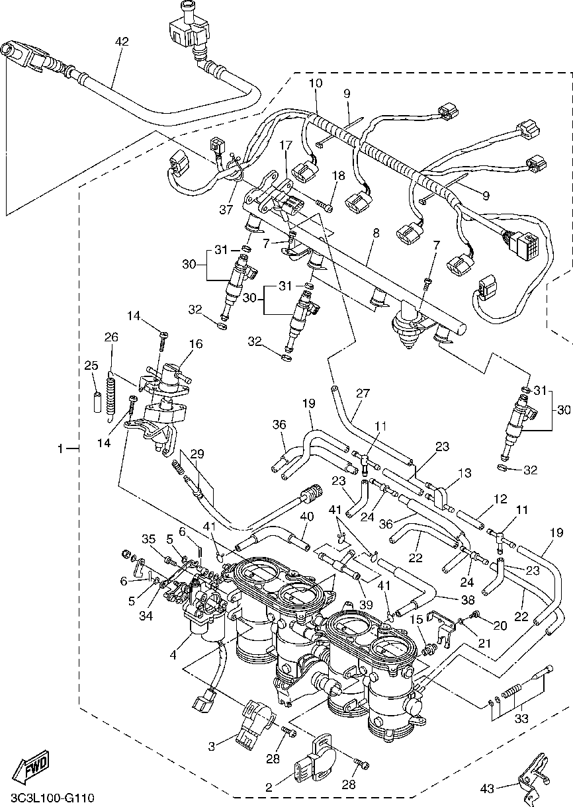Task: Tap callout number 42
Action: pyautogui.click(x=122, y=42)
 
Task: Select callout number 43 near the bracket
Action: pyautogui.click(x=487, y=789)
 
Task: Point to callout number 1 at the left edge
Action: pyautogui.click(x=61, y=448)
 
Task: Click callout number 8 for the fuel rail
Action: pyautogui.click(x=376, y=233)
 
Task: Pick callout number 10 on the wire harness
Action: pyautogui.click(x=316, y=83)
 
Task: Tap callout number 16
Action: pyautogui.click(x=196, y=344)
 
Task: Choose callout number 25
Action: pyautogui.click(x=91, y=365)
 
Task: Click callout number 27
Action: pyautogui.click(x=363, y=393)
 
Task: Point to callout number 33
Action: pyautogui.click(x=521, y=719)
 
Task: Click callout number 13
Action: pyautogui.click(x=465, y=473)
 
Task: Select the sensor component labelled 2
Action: pyautogui.click(x=315, y=760)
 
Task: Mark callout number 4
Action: pyautogui.click(x=173, y=655)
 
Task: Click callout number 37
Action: pyautogui.click(x=226, y=209)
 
